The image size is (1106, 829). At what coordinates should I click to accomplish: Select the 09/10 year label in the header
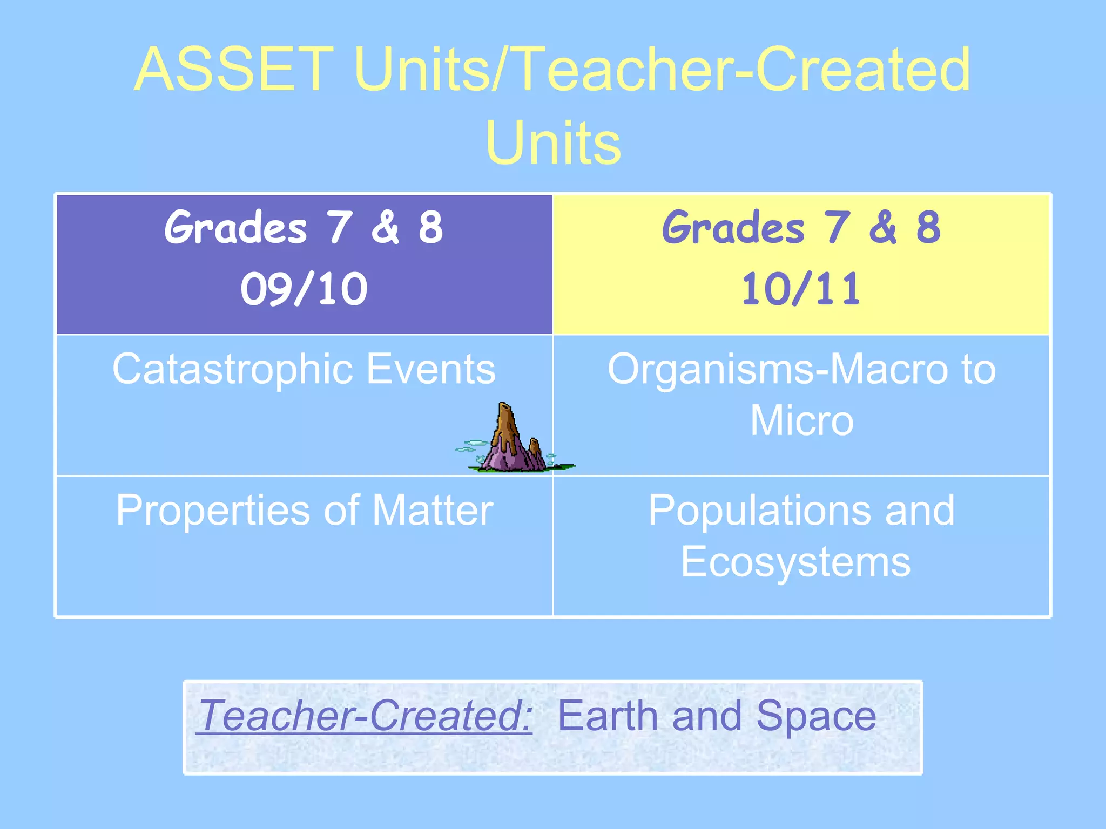coord(304,289)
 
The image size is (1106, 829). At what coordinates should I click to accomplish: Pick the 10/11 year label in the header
coord(801,289)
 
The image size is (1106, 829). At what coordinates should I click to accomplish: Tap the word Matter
coord(432,511)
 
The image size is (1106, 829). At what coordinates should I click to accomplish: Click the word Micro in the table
coord(801,421)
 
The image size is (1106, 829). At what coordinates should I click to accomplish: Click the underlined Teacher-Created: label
coord(365,716)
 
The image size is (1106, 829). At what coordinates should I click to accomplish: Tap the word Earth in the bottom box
coord(607,716)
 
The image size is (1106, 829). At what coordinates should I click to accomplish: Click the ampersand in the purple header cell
coord(385,228)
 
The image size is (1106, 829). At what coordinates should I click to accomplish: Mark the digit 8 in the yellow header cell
coord(928,228)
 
